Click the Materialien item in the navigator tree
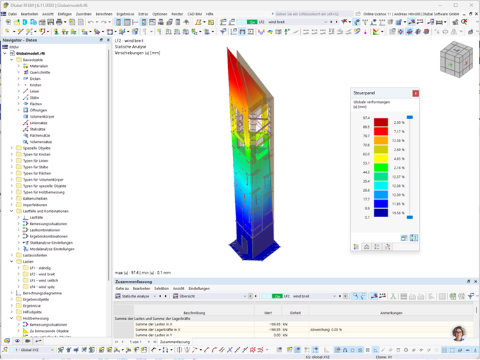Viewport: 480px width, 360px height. [39, 66]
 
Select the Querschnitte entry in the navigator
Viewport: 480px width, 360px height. [40, 72]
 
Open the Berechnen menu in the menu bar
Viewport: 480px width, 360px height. [104, 14]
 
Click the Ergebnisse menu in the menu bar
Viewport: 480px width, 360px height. [125, 14]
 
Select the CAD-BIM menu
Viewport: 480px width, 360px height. [195, 14]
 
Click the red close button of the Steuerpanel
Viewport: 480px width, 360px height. [416, 92]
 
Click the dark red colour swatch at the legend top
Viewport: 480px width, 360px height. [380, 122]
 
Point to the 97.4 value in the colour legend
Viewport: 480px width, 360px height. [366, 118]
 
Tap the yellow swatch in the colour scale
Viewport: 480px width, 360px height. [380, 149]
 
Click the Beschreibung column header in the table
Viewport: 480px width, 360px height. [194, 312]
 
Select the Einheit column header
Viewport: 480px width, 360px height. [295, 312]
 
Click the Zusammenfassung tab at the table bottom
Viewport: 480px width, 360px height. [176, 342]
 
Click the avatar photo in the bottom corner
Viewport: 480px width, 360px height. [459, 333]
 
